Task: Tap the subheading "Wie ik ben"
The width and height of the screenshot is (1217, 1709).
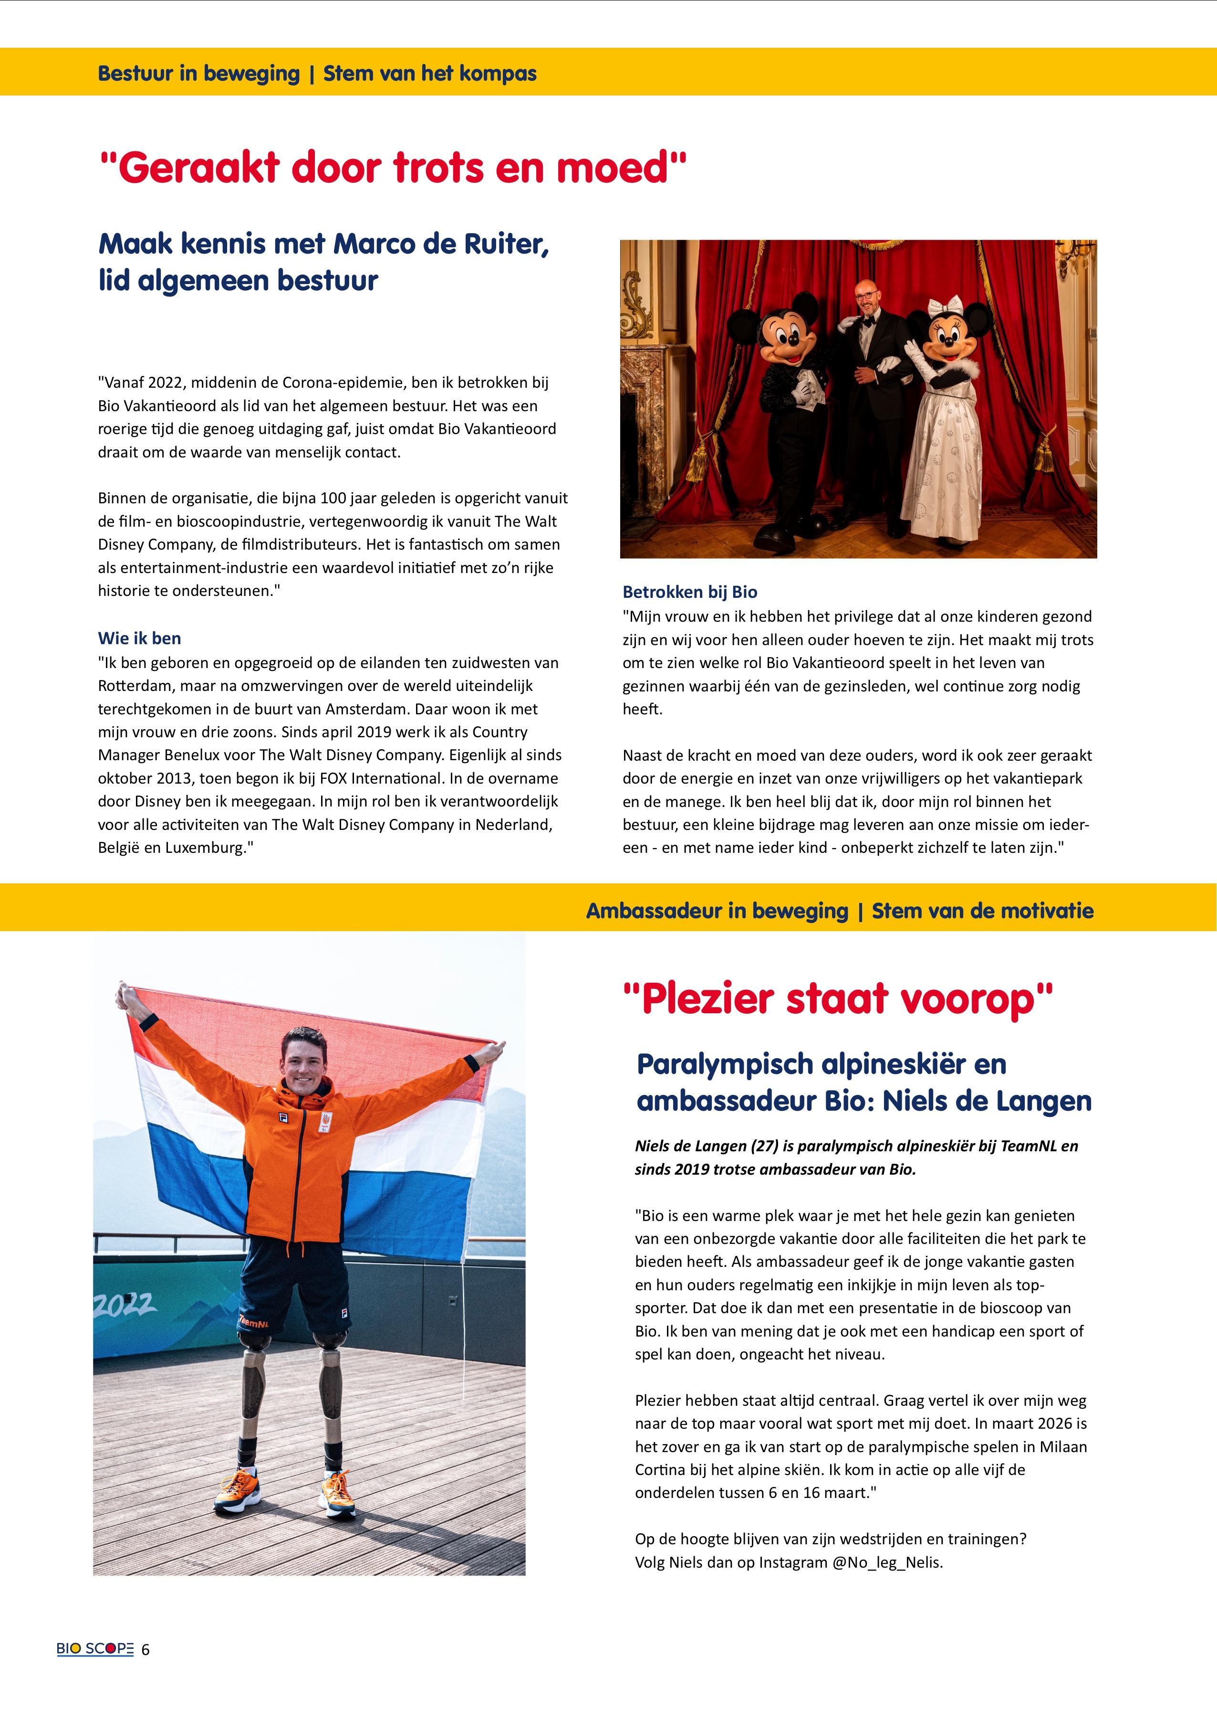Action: (x=139, y=638)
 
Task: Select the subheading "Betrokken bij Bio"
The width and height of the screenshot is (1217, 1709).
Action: (x=689, y=592)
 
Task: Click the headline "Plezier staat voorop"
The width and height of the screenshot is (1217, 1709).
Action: (x=837, y=999)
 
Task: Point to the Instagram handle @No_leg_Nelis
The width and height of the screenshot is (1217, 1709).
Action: (x=887, y=1563)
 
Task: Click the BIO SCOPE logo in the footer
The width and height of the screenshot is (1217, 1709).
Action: (x=95, y=1649)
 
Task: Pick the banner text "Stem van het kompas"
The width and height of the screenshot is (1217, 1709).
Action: (x=429, y=74)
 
